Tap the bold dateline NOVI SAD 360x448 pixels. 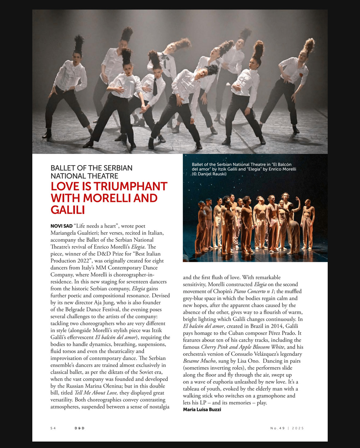[x=61, y=226]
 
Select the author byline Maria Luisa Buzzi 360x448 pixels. [x=202, y=410]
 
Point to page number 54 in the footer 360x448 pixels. [x=53, y=428]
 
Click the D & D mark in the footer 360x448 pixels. [x=79, y=428]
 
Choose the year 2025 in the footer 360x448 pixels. [x=298, y=428]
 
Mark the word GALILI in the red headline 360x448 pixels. [x=68, y=210]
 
